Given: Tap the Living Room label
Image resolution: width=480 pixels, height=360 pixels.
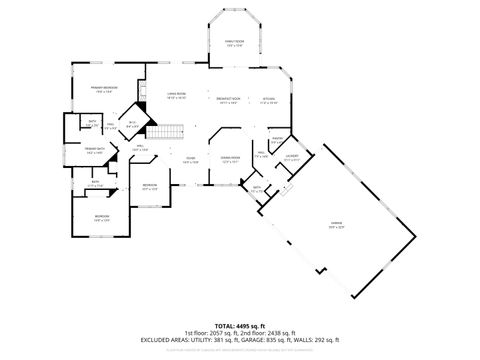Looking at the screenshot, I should click(176, 97).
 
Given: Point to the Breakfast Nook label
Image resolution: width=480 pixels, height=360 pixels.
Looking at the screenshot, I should click(226, 99).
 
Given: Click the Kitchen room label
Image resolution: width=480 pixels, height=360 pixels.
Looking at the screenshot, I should click(268, 99).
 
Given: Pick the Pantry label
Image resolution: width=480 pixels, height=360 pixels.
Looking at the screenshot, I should click(277, 140).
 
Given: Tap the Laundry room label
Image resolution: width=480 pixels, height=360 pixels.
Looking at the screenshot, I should click(292, 157).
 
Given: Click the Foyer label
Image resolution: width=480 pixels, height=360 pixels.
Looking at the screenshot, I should click(189, 159).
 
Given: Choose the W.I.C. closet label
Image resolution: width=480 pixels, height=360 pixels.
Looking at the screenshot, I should click(132, 124).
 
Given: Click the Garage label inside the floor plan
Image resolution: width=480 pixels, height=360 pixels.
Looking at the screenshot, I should click(349, 225).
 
